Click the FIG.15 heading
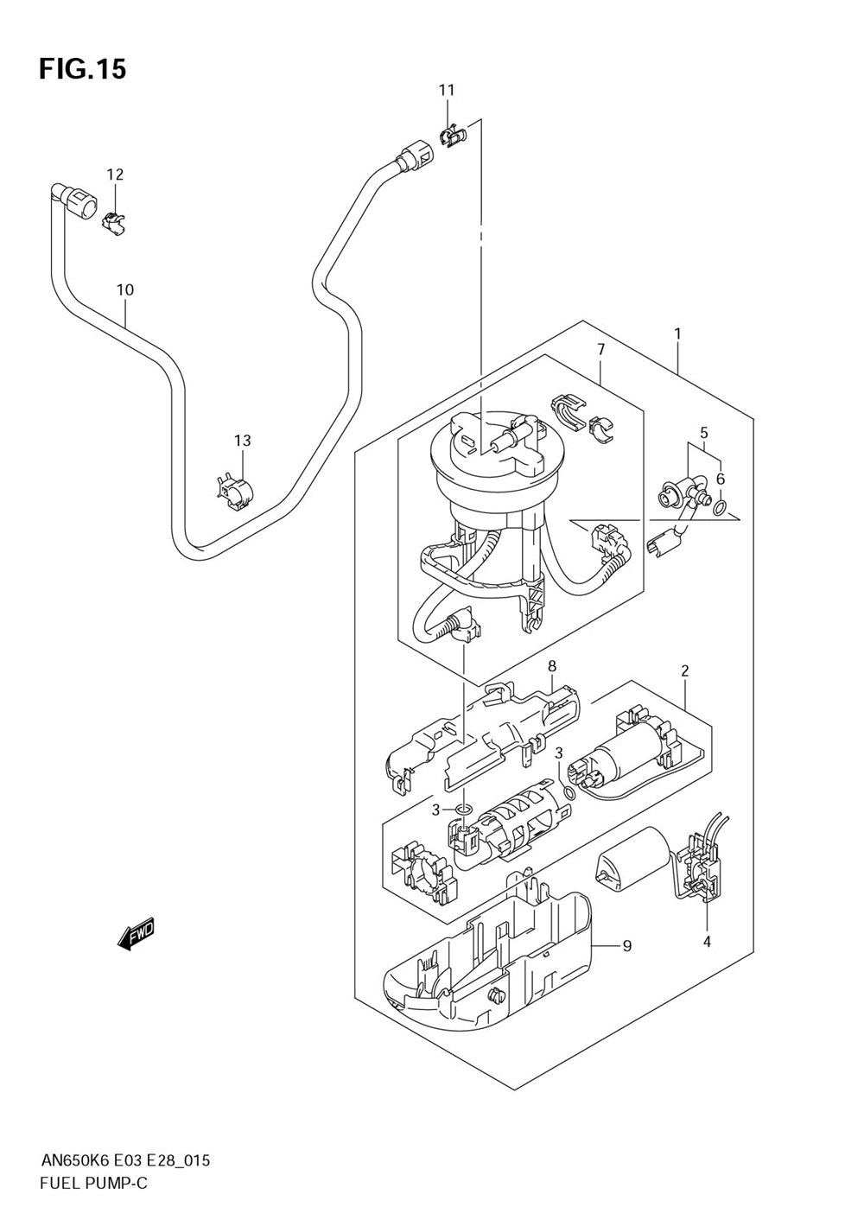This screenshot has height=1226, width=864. coord(83,69)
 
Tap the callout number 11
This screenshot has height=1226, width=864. coord(447,91)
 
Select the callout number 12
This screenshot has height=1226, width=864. coord(115,175)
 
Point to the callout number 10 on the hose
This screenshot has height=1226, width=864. coord(125,289)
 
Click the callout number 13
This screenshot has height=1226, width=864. coord(243,440)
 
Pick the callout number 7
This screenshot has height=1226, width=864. coord(600,349)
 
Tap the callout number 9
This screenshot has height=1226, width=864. coord(627,945)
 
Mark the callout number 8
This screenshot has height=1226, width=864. coord(551,666)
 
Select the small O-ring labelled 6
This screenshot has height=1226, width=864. coord(721,509)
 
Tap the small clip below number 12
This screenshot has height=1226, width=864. coord(114,223)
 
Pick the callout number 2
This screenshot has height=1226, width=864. coord(684,670)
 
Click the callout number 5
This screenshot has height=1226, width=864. coord(703,432)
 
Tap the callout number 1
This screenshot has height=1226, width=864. coord(677,333)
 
